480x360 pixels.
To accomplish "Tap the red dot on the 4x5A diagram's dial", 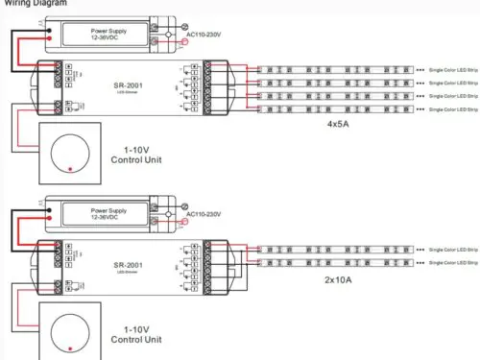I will coord(70,170).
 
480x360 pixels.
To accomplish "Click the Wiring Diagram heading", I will coord(34,3).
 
